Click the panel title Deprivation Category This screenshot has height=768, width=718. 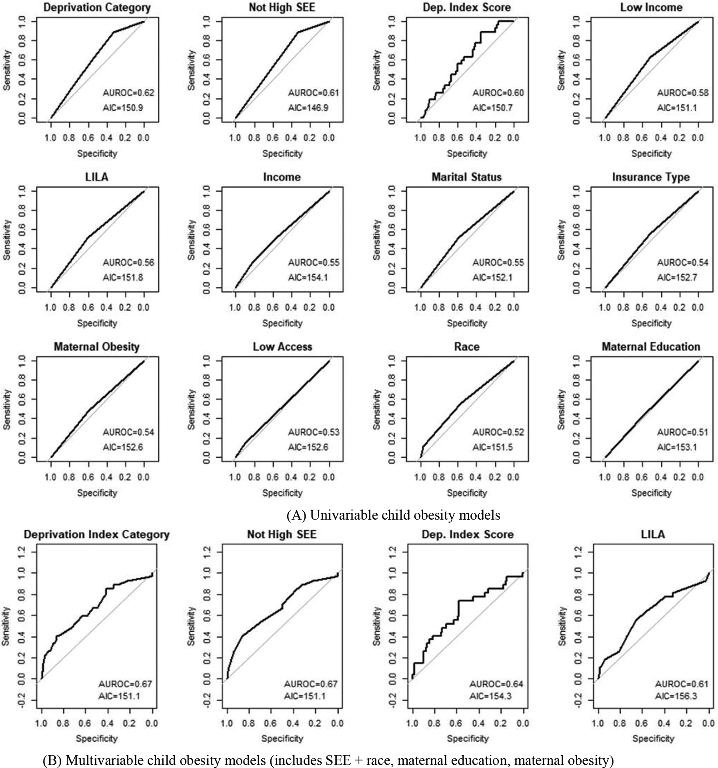click(97, 8)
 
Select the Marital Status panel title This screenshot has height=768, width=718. click(466, 177)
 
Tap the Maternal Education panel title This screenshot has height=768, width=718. click(651, 347)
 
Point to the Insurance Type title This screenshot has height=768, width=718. click(651, 177)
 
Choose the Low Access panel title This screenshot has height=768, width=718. click(282, 347)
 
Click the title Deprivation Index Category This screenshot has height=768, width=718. click(97, 534)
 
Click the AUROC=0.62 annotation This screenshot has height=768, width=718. click(128, 93)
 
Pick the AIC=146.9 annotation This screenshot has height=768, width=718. click(308, 108)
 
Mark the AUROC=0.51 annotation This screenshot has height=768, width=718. click(682, 432)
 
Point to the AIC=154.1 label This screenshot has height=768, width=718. click(308, 277)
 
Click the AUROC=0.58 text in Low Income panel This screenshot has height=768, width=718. click(682, 93)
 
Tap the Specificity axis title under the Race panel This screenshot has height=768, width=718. click(467, 493)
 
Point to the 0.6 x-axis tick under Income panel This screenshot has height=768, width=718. click(272, 307)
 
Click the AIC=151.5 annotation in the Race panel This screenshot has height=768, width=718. click(492, 447)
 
